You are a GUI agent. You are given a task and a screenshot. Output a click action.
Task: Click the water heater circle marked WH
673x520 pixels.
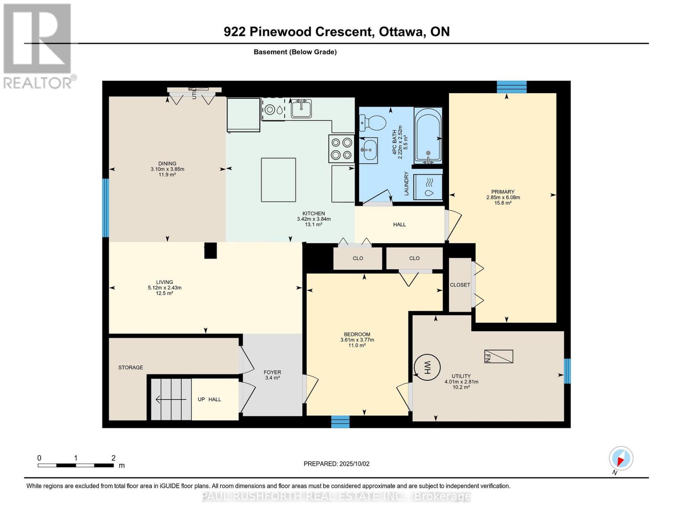[x=426, y=368]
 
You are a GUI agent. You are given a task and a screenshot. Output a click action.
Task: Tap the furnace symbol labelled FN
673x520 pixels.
[x=498, y=356]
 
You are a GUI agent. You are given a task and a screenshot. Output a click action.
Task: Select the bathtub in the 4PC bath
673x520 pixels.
[x=428, y=135]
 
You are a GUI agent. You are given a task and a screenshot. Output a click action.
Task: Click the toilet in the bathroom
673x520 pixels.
[x=372, y=123]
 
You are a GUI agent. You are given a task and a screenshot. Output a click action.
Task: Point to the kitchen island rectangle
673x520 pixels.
[x=278, y=180]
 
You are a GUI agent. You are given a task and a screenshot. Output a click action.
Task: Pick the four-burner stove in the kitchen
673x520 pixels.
[x=341, y=149]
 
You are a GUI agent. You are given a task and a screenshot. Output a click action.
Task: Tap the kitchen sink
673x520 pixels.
[x=301, y=108]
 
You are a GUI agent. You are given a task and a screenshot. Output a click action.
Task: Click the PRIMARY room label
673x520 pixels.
[x=503, y=192]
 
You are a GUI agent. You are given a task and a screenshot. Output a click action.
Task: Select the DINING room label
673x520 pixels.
[x=167, y=163]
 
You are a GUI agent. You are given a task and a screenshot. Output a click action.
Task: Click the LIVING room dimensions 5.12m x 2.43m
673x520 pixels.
[x=164, y=288]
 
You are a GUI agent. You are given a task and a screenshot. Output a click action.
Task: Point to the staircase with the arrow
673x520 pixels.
[x=171, y=399]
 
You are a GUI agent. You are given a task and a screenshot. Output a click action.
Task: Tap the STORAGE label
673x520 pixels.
[x=130, y=367]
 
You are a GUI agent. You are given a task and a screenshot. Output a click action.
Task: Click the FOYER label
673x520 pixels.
[x=272, y=372]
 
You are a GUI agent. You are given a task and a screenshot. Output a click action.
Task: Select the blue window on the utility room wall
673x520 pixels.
[x=567, y=371]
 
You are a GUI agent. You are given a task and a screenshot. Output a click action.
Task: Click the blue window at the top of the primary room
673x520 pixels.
[x=511, y=87]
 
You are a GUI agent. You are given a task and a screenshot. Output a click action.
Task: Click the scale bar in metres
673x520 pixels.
[x=76, y=465]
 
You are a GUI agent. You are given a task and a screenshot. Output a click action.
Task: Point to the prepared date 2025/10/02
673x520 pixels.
[x=336, y=464]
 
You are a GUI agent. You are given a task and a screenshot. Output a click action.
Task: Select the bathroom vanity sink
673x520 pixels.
[x=368, y=150]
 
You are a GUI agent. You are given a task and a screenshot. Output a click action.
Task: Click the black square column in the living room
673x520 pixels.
[x=210, y=250]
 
